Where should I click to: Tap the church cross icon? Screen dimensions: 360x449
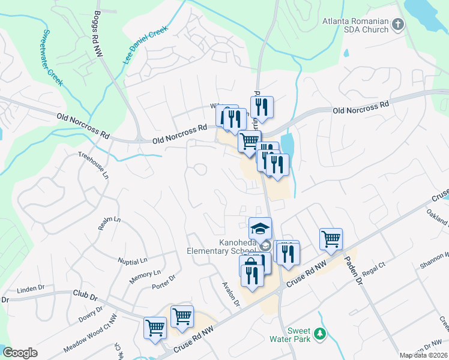point(397,25)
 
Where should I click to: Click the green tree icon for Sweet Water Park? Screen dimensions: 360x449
point(321,334)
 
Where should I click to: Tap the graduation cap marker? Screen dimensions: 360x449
point(261,229)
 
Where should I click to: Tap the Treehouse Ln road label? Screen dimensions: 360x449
point(94,166)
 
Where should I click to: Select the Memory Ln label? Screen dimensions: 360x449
point(142,278)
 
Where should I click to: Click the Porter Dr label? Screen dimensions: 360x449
point(163,282)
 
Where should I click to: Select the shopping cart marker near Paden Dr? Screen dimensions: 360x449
point(331,239)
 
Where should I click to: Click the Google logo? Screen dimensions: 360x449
point(20,353)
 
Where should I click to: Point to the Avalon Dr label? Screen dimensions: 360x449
point(231,294)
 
